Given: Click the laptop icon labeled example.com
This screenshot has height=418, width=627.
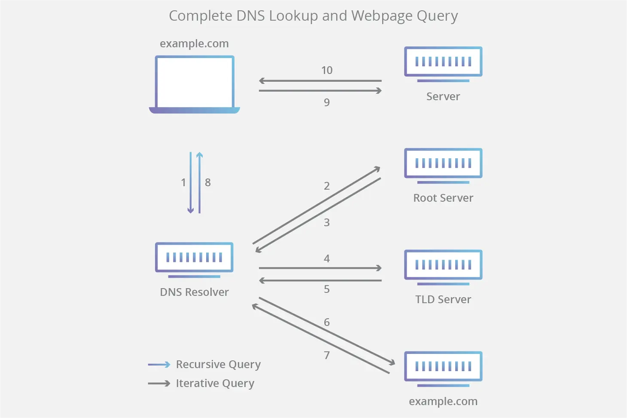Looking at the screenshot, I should coord(194,84).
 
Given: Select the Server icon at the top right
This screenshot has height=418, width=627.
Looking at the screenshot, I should coord(443,63).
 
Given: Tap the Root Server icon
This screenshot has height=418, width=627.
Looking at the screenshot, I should coord(443,164).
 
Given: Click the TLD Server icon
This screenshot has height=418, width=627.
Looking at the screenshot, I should coord(443,266).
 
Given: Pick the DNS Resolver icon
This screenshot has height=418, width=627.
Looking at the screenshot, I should coord(194,258).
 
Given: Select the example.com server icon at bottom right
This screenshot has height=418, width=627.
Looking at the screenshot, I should coord(443,367).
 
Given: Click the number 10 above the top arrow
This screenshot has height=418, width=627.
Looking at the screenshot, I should coord(327,71).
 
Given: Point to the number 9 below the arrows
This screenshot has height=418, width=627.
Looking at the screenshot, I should coord(327,103).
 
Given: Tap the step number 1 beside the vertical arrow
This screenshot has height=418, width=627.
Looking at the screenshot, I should coord(183,183).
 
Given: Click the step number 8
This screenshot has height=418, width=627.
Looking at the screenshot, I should coord(208,183).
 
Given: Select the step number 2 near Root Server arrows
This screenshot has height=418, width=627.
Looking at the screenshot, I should coord(327,186).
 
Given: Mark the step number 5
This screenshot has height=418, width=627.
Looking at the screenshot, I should coord(327,289).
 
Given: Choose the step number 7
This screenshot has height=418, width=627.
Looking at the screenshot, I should coord(327,355).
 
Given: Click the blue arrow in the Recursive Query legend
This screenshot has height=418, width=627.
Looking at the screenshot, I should coord(159,365).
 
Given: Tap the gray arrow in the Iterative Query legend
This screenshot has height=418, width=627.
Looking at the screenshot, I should coord(159,383).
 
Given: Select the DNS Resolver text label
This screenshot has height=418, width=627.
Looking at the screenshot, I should coord(194,292).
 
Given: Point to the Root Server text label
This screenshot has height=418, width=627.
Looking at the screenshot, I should coord(443,198).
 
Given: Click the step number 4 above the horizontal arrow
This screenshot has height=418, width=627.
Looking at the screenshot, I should coord(327,258).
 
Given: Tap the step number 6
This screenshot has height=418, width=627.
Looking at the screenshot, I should coord(327,322).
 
